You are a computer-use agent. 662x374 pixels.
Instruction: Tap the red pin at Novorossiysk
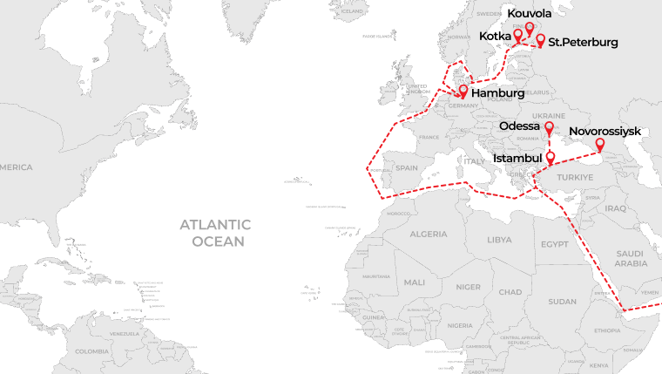tap(599, 144)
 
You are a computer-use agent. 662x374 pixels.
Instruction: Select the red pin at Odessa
tap(549, 128)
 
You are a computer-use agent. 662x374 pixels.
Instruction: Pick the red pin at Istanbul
tap(551, 158)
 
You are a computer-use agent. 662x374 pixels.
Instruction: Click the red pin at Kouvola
tap(529, 28)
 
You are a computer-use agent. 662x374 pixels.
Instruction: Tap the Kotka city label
tap(495, 36)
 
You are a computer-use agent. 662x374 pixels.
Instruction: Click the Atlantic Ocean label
tap(213, 233)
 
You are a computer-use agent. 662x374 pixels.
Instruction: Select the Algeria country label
tap(428, 235)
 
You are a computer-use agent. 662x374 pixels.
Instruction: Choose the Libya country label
tap(499, 239)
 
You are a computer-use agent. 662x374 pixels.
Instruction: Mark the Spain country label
tap(407, 167)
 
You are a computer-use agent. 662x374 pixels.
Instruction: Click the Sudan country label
tap(562, 301)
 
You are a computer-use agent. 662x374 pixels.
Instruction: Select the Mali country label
tap(415, 282)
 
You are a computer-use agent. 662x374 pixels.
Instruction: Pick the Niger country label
tap(468, 287)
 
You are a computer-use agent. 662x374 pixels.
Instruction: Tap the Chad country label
tap(510, 291)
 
